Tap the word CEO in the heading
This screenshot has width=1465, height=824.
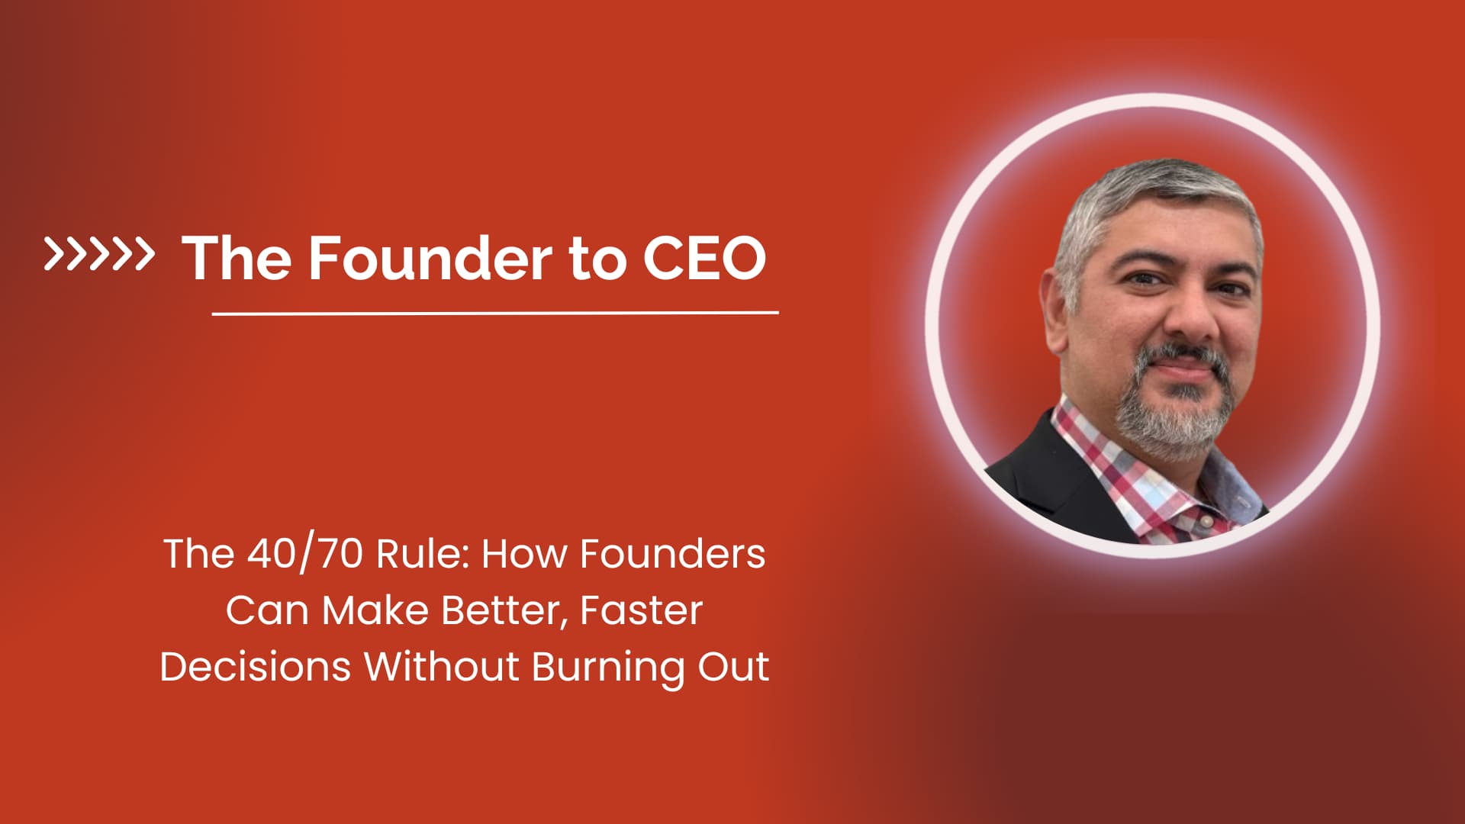(x=704, y=258)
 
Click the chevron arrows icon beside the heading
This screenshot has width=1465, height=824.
(x=98, y=254)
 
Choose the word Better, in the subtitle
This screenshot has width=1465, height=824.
(x=504, y=610)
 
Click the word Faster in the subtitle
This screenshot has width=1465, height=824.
(x=641, y=610)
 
